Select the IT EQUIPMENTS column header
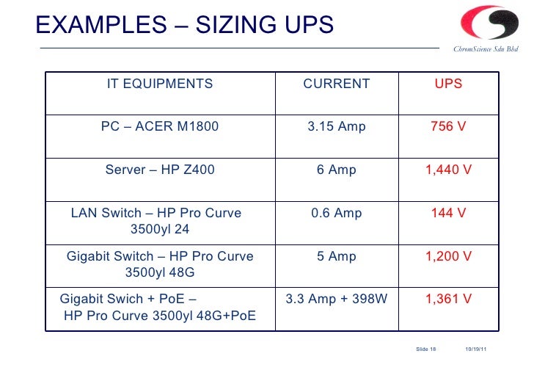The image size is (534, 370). coord(160,84)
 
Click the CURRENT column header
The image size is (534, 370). coord(337,84)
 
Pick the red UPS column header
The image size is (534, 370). coord(448,84)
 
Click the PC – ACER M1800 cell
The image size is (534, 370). coord(160,126)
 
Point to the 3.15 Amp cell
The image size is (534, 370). coord(337,126)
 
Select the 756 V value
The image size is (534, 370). coord(448,126)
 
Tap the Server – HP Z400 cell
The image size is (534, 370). coord(160,170)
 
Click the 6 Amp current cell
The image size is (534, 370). coord(337,170)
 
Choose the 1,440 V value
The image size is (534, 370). coord(448,170)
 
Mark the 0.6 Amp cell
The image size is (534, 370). coord(337,213)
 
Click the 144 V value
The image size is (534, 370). coord(448,213)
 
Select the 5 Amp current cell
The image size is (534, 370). coord(337,256)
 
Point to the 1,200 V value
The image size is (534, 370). coord(448,256)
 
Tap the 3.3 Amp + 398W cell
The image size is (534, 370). coord(337,299)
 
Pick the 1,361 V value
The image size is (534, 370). coord(448,299)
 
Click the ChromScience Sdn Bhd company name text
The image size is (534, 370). coord(486,50)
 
